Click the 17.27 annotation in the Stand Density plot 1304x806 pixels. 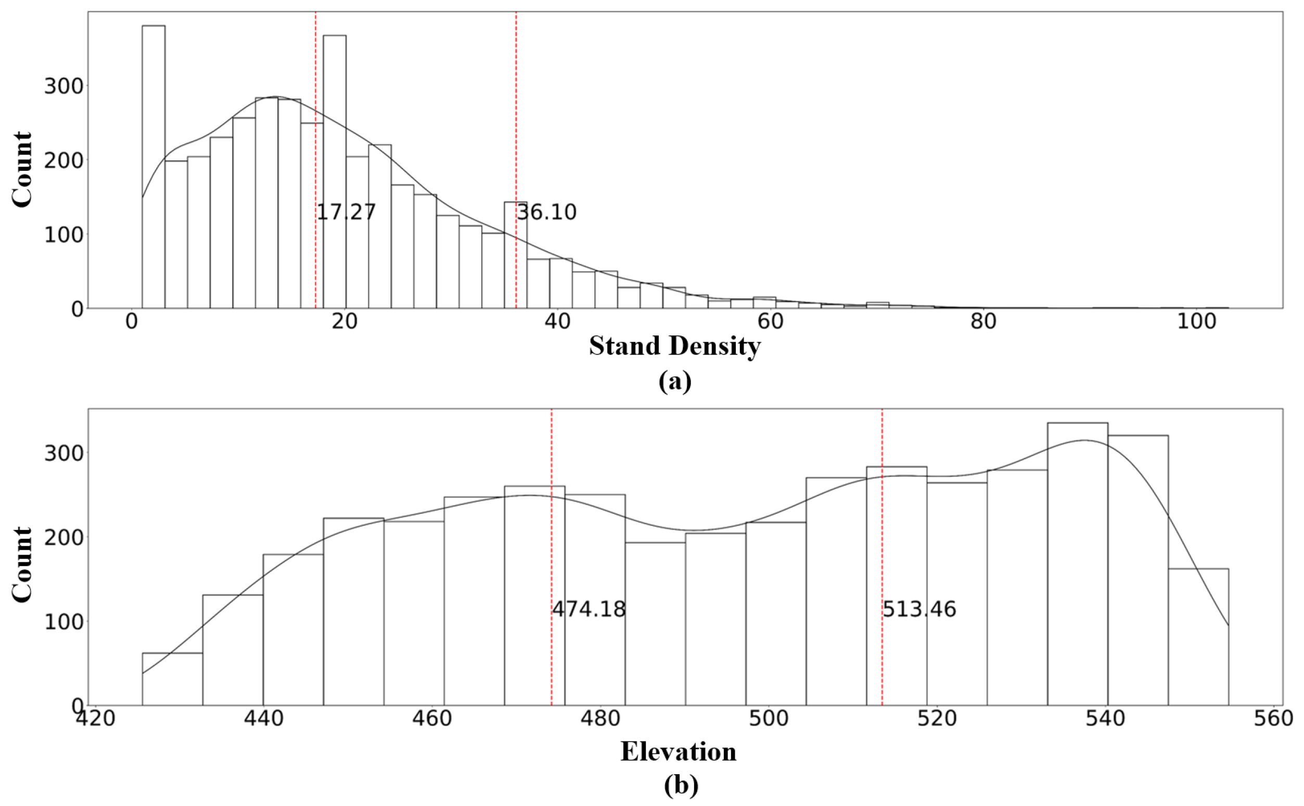[x=346, y=212]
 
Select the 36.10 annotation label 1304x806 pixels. [x=546, y=212]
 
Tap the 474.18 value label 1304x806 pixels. [x=589, y=609]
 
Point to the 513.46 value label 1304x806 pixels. [x=919, y=609]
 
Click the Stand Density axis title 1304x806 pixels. [x=675, y=346]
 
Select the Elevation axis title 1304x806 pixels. [x=678, y=752]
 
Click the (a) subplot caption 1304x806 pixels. [x=675, y=382]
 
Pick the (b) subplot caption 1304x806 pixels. [x=681, y=785]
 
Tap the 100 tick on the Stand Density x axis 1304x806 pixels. [x=1196, y=322]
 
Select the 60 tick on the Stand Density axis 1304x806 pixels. [x=770, y=322]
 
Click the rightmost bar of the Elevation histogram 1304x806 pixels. [x=1198, y=636]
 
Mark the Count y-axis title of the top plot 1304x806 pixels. [x=22, y=170]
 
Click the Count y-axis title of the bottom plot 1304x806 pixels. [x=22, y=564]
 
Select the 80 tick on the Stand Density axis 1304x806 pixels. [x=983, y=322]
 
